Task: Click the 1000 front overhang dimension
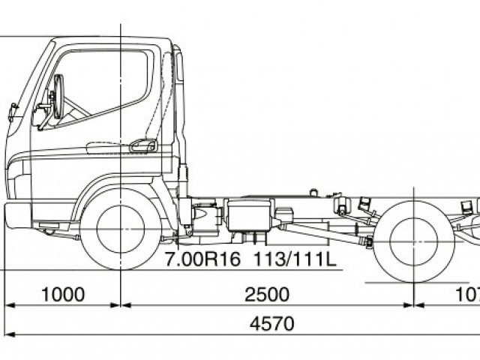[63, 293]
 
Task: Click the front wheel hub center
[120, 228]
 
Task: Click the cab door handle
[142, 145]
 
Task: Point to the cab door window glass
[105, 82]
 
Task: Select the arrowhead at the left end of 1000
[10, 305]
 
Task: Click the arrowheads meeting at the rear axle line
[414, 305]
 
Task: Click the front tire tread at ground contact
[120, 268]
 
